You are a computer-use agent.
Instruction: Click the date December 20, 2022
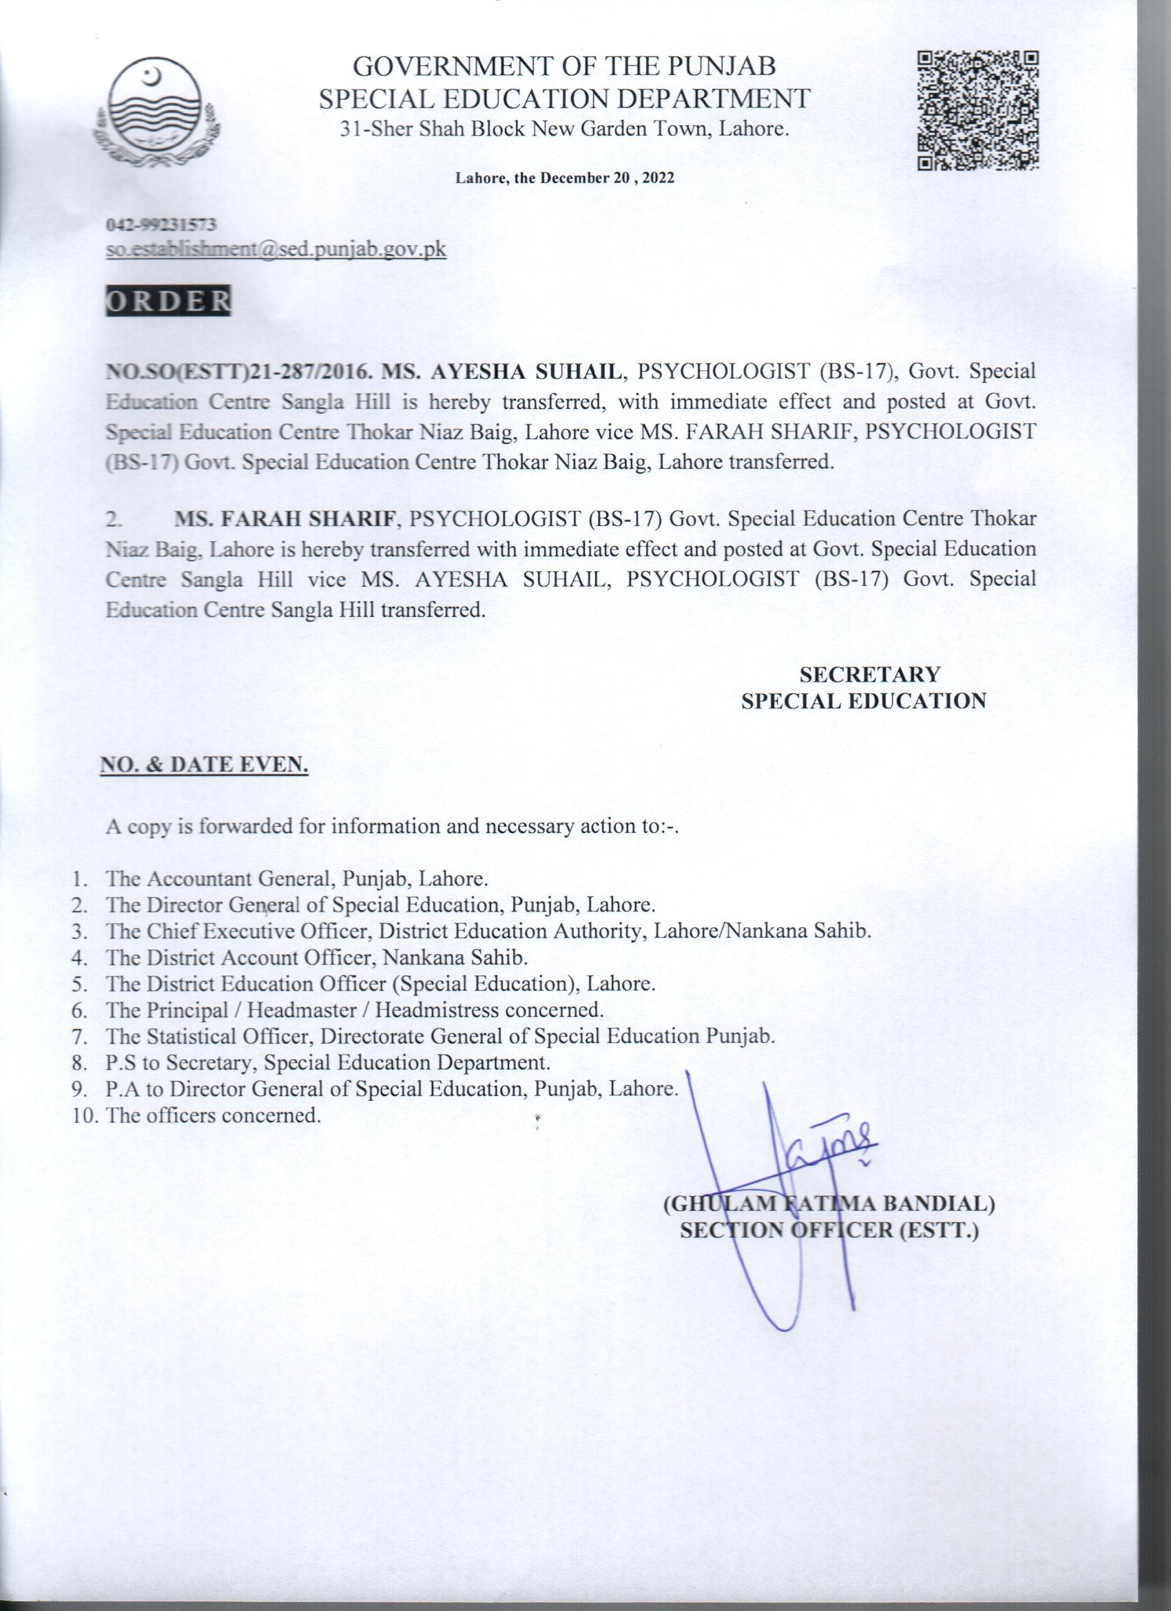564,179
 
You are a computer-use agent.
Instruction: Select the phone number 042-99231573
160,226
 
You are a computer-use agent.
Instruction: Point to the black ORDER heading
168,302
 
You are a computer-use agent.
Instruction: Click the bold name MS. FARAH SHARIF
285,518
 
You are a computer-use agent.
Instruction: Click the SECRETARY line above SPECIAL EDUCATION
870,673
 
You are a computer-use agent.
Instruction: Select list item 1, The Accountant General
296,878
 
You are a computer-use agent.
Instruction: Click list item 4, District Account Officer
316,958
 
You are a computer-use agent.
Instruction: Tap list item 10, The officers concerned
211,1115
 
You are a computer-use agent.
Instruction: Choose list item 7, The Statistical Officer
438,1036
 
